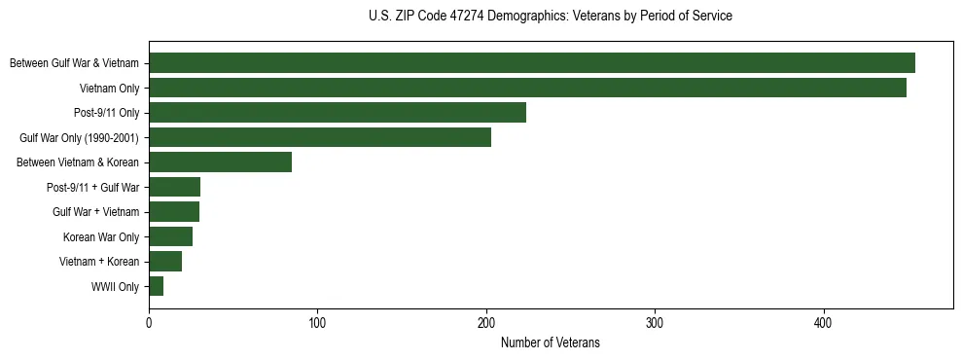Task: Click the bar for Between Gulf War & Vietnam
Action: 532,63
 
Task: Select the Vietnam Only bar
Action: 527,88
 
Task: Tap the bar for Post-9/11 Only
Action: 338,113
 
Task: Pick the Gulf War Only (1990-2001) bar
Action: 320,137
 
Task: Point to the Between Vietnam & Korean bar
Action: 220,162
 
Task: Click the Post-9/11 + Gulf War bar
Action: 174,187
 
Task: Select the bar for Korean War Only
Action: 170,236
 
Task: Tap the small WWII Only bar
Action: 156,286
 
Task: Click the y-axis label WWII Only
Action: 115,287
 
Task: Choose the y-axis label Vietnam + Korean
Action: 99,262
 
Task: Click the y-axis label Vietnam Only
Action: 109,89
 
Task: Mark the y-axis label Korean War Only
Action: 101,237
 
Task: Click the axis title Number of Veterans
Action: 550,343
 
